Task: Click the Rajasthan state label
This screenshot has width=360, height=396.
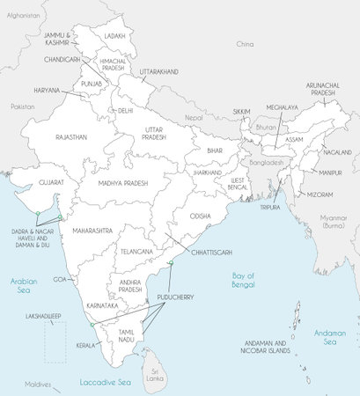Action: tap(70, 138)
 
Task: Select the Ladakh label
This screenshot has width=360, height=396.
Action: tap(114, 35)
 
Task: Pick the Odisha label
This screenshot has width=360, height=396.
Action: tap(200, 216)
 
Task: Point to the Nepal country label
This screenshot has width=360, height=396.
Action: tap(194, 117)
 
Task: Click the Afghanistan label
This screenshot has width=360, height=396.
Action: tap(23, 16)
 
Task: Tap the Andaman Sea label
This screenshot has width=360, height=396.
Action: tap(331, 336)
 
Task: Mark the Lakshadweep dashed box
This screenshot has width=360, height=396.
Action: tap(55, 341)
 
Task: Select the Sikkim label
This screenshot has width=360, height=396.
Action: tap(241, 112)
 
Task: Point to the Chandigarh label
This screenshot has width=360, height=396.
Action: tap(62, 59)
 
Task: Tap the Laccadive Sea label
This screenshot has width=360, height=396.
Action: tap(104, 383)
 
